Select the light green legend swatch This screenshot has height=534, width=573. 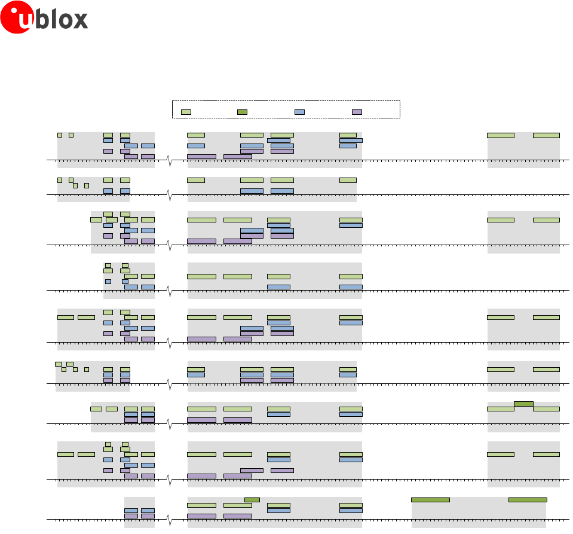[x=186, y=112]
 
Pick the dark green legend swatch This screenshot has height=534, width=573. [x=242, y=112]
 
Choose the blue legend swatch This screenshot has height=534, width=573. [x=299, y=112]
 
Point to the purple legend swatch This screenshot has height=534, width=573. [x=357, y=112]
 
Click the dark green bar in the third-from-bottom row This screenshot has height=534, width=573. [x=523, y=404]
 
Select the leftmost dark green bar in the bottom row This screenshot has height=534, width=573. [x=252, y=499]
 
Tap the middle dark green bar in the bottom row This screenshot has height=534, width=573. [x=430, y=499]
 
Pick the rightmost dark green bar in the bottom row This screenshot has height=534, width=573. [x=528, y=499]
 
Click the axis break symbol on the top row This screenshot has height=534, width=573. [x=170, y=160]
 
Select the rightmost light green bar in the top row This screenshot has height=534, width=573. [x=546, y=135]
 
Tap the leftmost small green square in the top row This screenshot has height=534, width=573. [x=60, y=135]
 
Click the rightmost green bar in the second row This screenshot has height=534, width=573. [x=348, y=180]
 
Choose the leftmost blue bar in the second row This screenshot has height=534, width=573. [x=108, y=191]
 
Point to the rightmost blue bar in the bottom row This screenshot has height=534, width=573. [x=351, y=510]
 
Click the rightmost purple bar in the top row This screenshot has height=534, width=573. [x=282, y=151]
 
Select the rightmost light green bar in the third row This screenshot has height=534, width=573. [x=546, y=219]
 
